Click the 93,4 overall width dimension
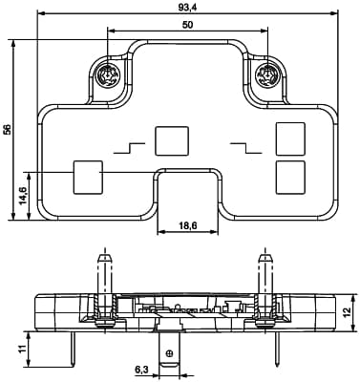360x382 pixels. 187,8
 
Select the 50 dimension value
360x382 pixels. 188,25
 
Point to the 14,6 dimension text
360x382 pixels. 24,196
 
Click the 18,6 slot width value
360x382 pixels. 188,225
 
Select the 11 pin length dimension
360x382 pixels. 21,349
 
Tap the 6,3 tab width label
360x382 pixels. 141,370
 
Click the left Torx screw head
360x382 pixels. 108,75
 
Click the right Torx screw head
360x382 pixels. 267,75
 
